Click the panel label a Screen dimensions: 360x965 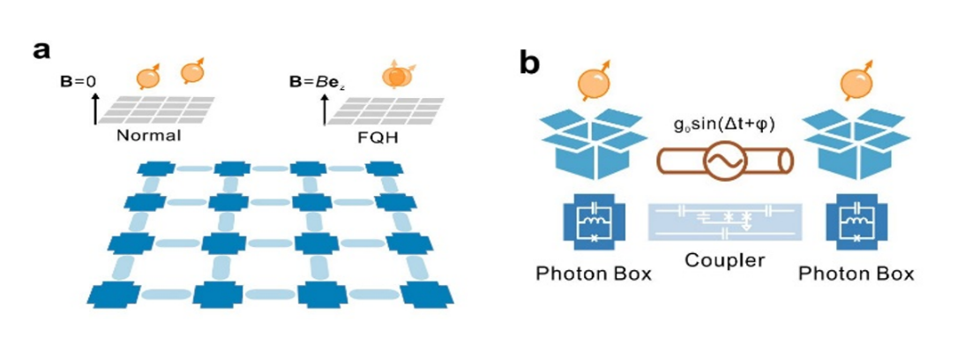coord(41,49)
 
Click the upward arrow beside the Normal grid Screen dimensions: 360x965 coord(95,110)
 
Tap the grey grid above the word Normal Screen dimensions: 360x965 coord(158,110)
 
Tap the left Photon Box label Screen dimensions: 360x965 coord(594,273)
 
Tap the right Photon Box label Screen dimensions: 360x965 coord(856,273)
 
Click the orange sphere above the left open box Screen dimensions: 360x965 coord(594,84)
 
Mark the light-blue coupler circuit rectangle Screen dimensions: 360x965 coord(724,221)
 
